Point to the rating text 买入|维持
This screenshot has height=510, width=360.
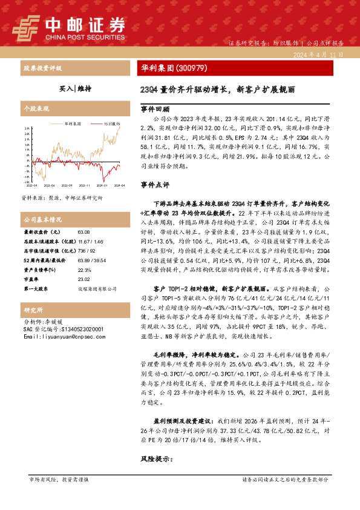[76, 88]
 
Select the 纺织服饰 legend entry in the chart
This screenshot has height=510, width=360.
[110, 123]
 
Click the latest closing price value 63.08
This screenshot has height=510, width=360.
[83, 232]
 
